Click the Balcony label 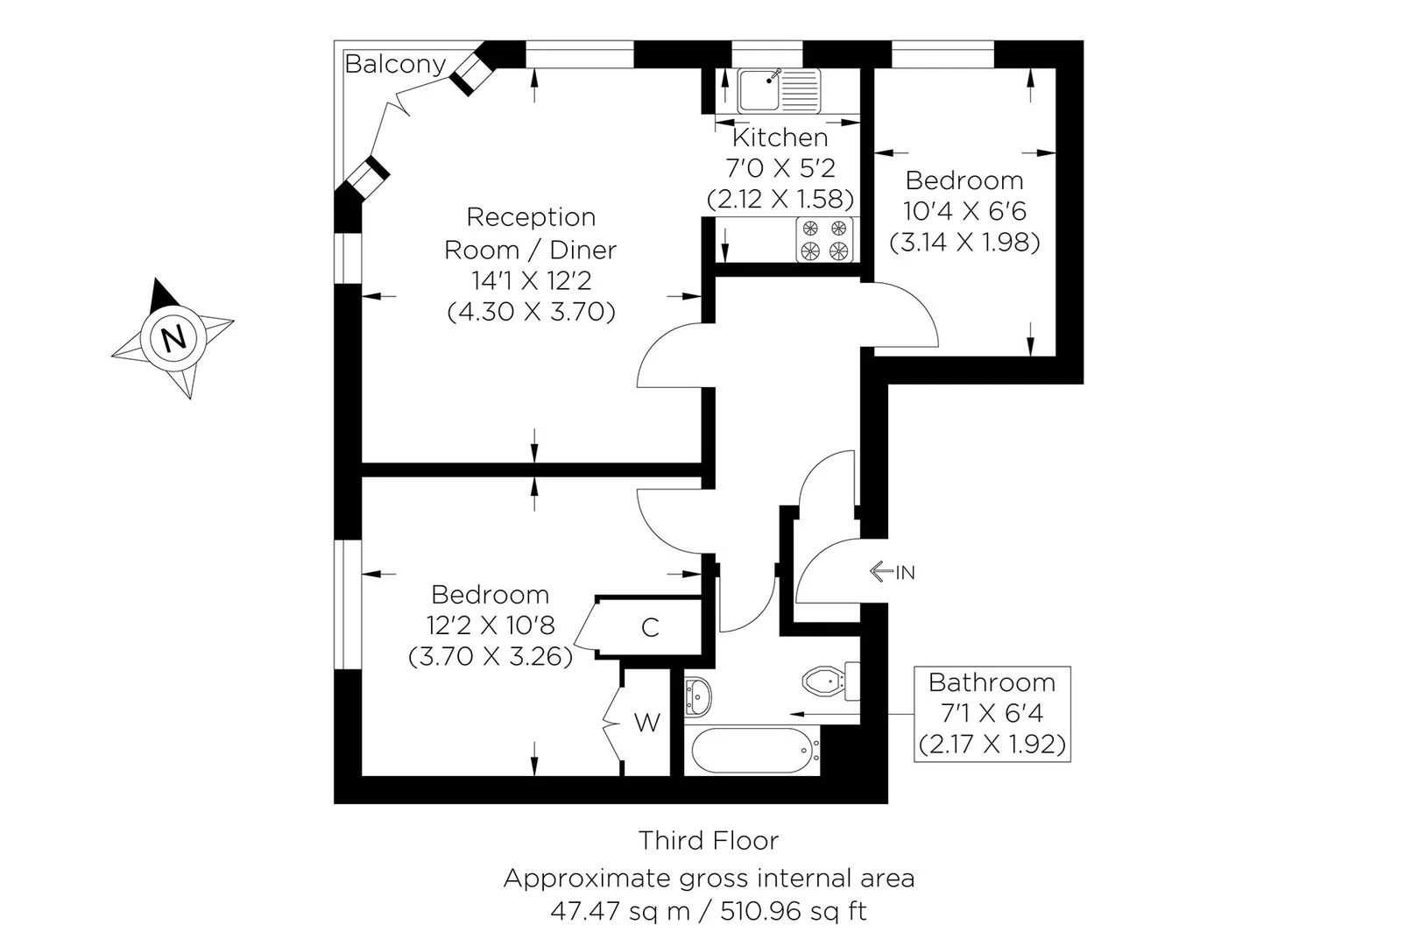[395, 64]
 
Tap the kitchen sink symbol [778, 89]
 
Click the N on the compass [174, 337]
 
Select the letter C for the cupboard [650, 627]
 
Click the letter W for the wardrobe [647, 723]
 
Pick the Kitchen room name [780, 138]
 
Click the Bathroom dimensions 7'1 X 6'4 [992, 713]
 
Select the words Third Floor [708, 841]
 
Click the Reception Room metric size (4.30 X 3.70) [531, 312]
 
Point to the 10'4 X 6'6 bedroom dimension [964, 211]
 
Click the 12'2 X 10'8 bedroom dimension [491, 625]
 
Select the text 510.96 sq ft [794, 911]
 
